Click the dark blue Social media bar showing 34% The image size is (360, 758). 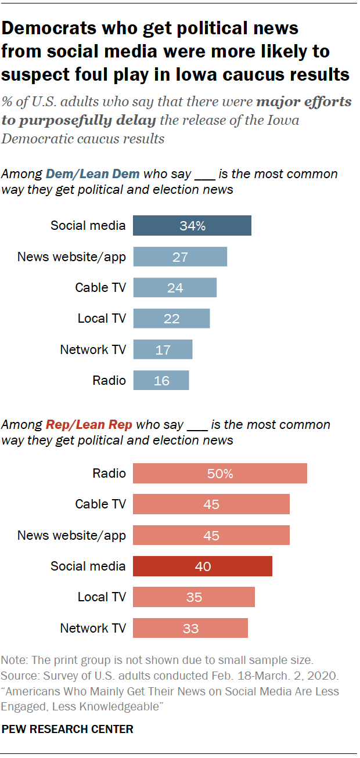point(192,226)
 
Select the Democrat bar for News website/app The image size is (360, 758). point(180,257)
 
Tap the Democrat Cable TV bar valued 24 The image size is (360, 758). point(175,287)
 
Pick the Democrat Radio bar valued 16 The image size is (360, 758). point(161,381)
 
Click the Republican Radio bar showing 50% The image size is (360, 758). point(219,474)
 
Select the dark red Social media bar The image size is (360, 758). point(202,566)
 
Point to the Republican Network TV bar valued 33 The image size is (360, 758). point(190,628)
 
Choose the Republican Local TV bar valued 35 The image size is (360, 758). point(193,597)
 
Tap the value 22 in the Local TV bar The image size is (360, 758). point(171,319)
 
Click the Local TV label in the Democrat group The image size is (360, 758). point(102,319)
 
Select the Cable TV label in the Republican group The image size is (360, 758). point(100,504)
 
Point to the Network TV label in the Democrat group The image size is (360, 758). point(93,350)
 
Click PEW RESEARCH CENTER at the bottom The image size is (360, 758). point(67,729)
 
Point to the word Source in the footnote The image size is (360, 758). point(17,676)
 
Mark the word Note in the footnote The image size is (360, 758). point(13,660)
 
